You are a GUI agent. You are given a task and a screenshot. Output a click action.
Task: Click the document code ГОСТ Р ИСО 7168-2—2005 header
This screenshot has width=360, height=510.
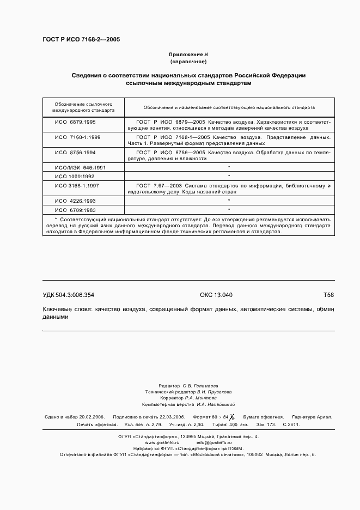point(81,40)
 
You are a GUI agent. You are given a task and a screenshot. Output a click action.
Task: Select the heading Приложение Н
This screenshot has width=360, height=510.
point(188,55)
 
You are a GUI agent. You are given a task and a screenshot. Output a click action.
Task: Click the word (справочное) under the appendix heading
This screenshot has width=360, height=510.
point(188,62)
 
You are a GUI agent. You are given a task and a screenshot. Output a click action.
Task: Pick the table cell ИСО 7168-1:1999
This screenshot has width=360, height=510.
point(77,137)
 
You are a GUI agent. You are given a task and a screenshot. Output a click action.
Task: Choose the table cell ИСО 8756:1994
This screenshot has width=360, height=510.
point(75,153)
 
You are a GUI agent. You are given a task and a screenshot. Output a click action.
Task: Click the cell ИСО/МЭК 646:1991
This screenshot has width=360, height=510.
point(80,168)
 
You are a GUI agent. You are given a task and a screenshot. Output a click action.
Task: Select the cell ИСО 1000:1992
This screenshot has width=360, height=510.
point(75,176)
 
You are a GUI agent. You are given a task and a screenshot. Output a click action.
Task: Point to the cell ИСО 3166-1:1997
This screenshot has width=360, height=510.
point(77,185)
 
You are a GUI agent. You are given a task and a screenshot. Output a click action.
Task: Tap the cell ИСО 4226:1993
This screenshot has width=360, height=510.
point(75,201)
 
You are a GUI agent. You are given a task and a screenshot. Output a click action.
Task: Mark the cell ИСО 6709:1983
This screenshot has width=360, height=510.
point(75,209)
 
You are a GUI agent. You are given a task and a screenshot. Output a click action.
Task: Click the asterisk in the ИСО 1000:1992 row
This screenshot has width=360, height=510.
point(229,176)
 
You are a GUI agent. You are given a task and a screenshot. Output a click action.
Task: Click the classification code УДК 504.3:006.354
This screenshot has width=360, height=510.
point(69,295)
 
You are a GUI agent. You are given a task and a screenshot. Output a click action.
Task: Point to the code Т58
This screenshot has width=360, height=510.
point(328,295)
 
